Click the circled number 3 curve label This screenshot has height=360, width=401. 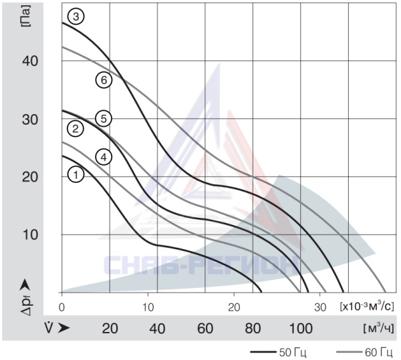[76, 17]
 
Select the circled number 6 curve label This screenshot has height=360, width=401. [104, 80]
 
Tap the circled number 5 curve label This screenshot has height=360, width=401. [104, 118]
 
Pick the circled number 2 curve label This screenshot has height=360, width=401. [76, 129]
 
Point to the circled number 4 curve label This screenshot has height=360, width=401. [104, 157]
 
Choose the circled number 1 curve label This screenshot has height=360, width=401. [76, 175]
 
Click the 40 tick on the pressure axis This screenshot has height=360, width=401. [30, 61]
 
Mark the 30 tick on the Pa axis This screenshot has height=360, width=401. [30, 120]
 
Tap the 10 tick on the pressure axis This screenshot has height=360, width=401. [30, 234]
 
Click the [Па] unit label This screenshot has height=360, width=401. [26, 16]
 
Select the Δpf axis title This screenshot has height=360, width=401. [25, 297]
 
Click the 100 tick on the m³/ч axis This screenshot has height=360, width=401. [301, 329]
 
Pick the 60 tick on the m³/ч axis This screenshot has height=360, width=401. [205, 329]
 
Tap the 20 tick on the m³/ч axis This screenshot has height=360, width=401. [110, 329]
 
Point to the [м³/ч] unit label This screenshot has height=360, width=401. [378, 328]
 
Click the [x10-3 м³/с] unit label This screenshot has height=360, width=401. [367, 306]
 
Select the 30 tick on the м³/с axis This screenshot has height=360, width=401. [320, 307]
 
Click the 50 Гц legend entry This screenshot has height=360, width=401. [278, 353]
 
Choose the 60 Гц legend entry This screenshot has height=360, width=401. [364, 353]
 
